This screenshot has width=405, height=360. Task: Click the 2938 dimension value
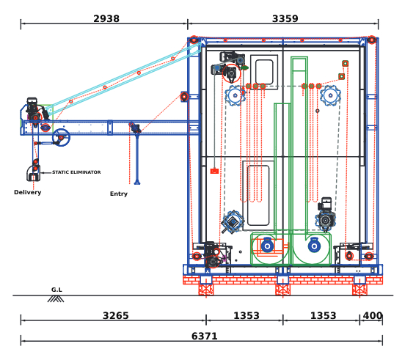click(x=106, y=19)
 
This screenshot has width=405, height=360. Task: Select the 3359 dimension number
click(x=285, y=19)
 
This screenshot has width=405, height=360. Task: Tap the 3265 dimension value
click(x=116, y=315)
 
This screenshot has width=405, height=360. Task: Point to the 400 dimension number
click(x=373, y=315)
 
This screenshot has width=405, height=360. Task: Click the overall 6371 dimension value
click(x=205, y=337)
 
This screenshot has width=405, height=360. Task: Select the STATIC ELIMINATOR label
click(x=76, y=172)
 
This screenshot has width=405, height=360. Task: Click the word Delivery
click(x=28, y=193)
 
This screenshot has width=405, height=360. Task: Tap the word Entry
click(x=119, y=194)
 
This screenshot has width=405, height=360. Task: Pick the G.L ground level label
click(x=56, y=290)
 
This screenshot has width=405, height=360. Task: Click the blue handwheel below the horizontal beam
click(x=61, y=138)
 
